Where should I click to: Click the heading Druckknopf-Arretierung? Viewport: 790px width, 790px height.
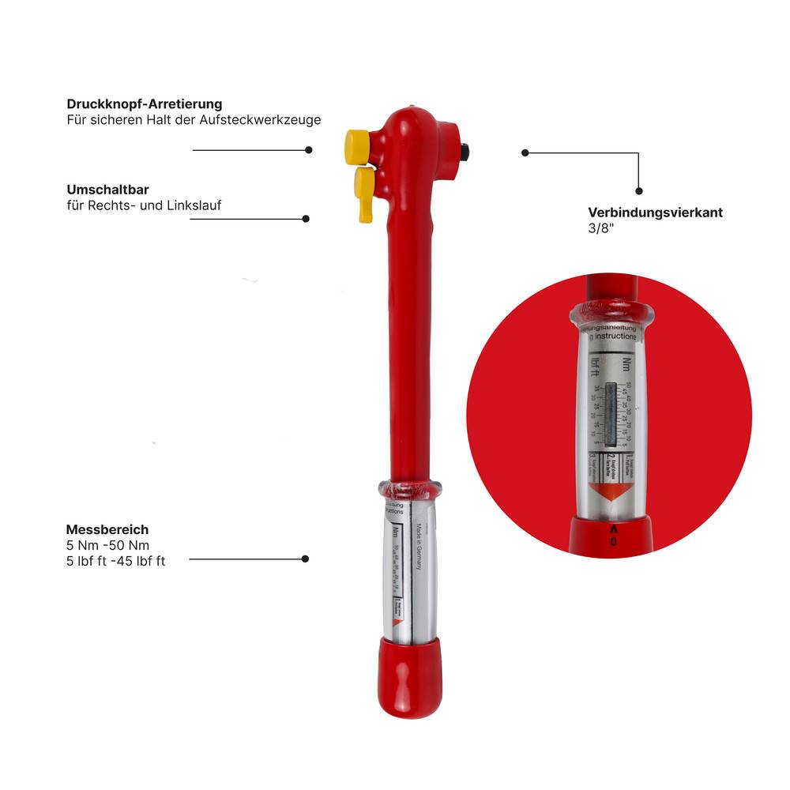coord(145,103)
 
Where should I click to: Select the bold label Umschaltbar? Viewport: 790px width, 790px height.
coord(108,190)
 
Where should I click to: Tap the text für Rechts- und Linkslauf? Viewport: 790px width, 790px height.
coord(144,205)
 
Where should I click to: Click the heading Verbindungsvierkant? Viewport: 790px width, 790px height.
coord(655,212)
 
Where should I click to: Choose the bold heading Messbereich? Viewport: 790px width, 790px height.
coord(107,529)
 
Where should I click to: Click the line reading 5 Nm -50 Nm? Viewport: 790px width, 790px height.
coord(108,545)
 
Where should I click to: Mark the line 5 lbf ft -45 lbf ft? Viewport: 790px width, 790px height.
coord(116,561)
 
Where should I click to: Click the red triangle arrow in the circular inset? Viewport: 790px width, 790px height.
coord(613,495)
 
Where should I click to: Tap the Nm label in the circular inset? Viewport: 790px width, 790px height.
coord(626,364)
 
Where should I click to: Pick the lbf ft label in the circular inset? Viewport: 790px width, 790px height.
coord(594,366)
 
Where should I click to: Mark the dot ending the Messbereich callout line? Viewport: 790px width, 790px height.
coord(305,559)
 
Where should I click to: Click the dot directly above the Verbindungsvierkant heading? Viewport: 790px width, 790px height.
coord(639,190)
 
